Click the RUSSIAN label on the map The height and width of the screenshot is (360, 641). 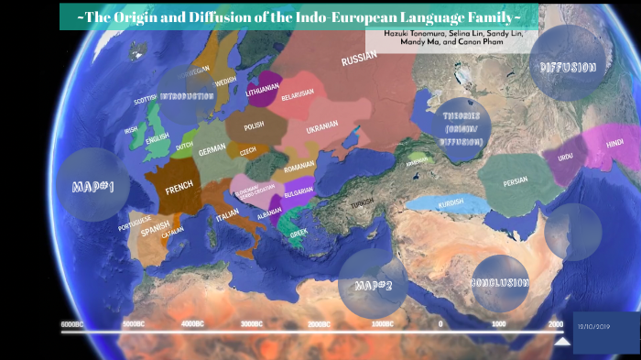coord(359,60)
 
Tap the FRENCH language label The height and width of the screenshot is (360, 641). coord(179,187)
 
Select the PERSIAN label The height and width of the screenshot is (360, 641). coord(516,181)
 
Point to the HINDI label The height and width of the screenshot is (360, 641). coord(614,143)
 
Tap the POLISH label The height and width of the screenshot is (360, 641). coord(254,125)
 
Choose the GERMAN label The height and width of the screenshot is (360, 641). coord(212,148)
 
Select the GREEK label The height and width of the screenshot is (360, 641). coord(299,233)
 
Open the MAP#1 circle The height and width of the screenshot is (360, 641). coord(92,187)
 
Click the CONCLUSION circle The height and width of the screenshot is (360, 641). coord(500,283)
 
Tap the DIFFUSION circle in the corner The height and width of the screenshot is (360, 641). coord(568,68)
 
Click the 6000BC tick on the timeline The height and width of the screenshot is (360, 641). coord(72,324)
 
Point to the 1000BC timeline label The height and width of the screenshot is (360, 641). coord(382,324)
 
